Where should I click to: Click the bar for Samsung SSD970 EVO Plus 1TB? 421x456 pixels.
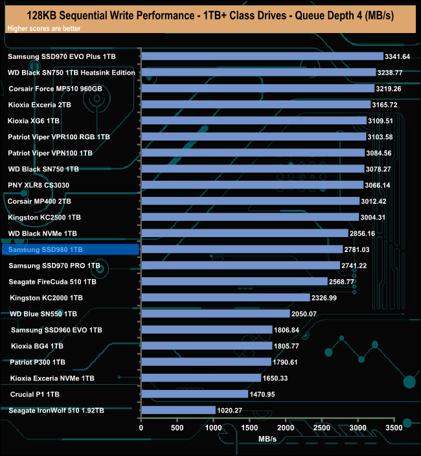point(262,56)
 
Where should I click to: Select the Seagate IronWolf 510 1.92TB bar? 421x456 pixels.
point(178,410)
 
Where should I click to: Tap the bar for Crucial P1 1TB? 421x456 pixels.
point(194,394)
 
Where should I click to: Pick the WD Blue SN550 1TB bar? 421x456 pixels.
point(215,313)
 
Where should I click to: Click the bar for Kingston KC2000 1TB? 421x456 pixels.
point(225,297)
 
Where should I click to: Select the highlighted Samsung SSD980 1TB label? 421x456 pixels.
point(45,249)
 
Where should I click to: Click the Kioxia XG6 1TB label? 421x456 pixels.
point(34,120)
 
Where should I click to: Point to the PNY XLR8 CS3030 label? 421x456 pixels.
point(39,185)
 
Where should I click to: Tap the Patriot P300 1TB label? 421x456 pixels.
point(38,362)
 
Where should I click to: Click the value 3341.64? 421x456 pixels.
point(397,57)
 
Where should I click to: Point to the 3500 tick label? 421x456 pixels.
point(393,427)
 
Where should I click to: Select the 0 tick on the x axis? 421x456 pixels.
point(141,427)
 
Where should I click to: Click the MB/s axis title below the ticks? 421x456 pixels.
point(267,439)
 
